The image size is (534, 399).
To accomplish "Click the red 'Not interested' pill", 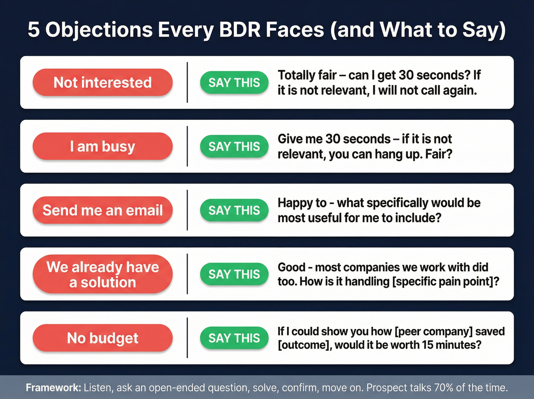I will tap(103, 82).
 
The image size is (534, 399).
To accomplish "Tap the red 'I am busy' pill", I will tap(103, 146).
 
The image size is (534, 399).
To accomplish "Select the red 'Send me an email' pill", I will tap(103, 210).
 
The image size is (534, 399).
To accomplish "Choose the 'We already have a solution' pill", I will tap(103, 274).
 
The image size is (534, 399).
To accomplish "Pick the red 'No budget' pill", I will tap(103, 338).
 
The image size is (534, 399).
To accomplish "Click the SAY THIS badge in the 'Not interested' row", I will tap(234, 82).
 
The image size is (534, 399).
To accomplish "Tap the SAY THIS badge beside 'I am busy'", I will tap(234, 146).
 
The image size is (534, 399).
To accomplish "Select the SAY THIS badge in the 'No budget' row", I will tap(234, 338).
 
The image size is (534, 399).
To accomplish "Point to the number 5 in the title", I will tap(34, 30).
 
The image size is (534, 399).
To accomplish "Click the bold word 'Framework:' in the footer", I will tap(53, 388).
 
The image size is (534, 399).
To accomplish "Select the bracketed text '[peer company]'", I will tap(434, 331).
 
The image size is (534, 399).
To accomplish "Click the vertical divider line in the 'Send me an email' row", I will tap(187, 210).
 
